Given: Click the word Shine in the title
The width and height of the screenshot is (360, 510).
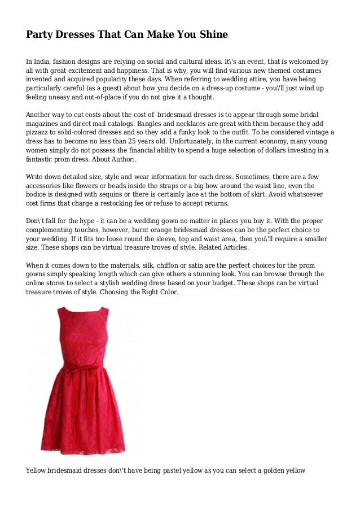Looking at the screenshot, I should point(212,34).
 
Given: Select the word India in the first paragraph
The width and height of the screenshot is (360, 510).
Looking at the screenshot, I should point(44,61).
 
